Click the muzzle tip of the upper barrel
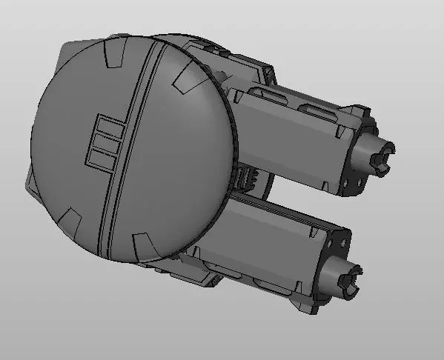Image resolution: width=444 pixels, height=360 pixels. (385, 158)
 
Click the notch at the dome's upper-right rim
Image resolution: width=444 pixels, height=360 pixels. (188, 76)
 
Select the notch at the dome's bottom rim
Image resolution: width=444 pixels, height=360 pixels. (142, 241)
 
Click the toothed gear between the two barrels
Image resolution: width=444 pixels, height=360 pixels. (245, 179)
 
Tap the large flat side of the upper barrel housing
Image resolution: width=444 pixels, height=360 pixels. (289, 144)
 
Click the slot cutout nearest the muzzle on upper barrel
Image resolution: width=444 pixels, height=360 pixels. (319, 110)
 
